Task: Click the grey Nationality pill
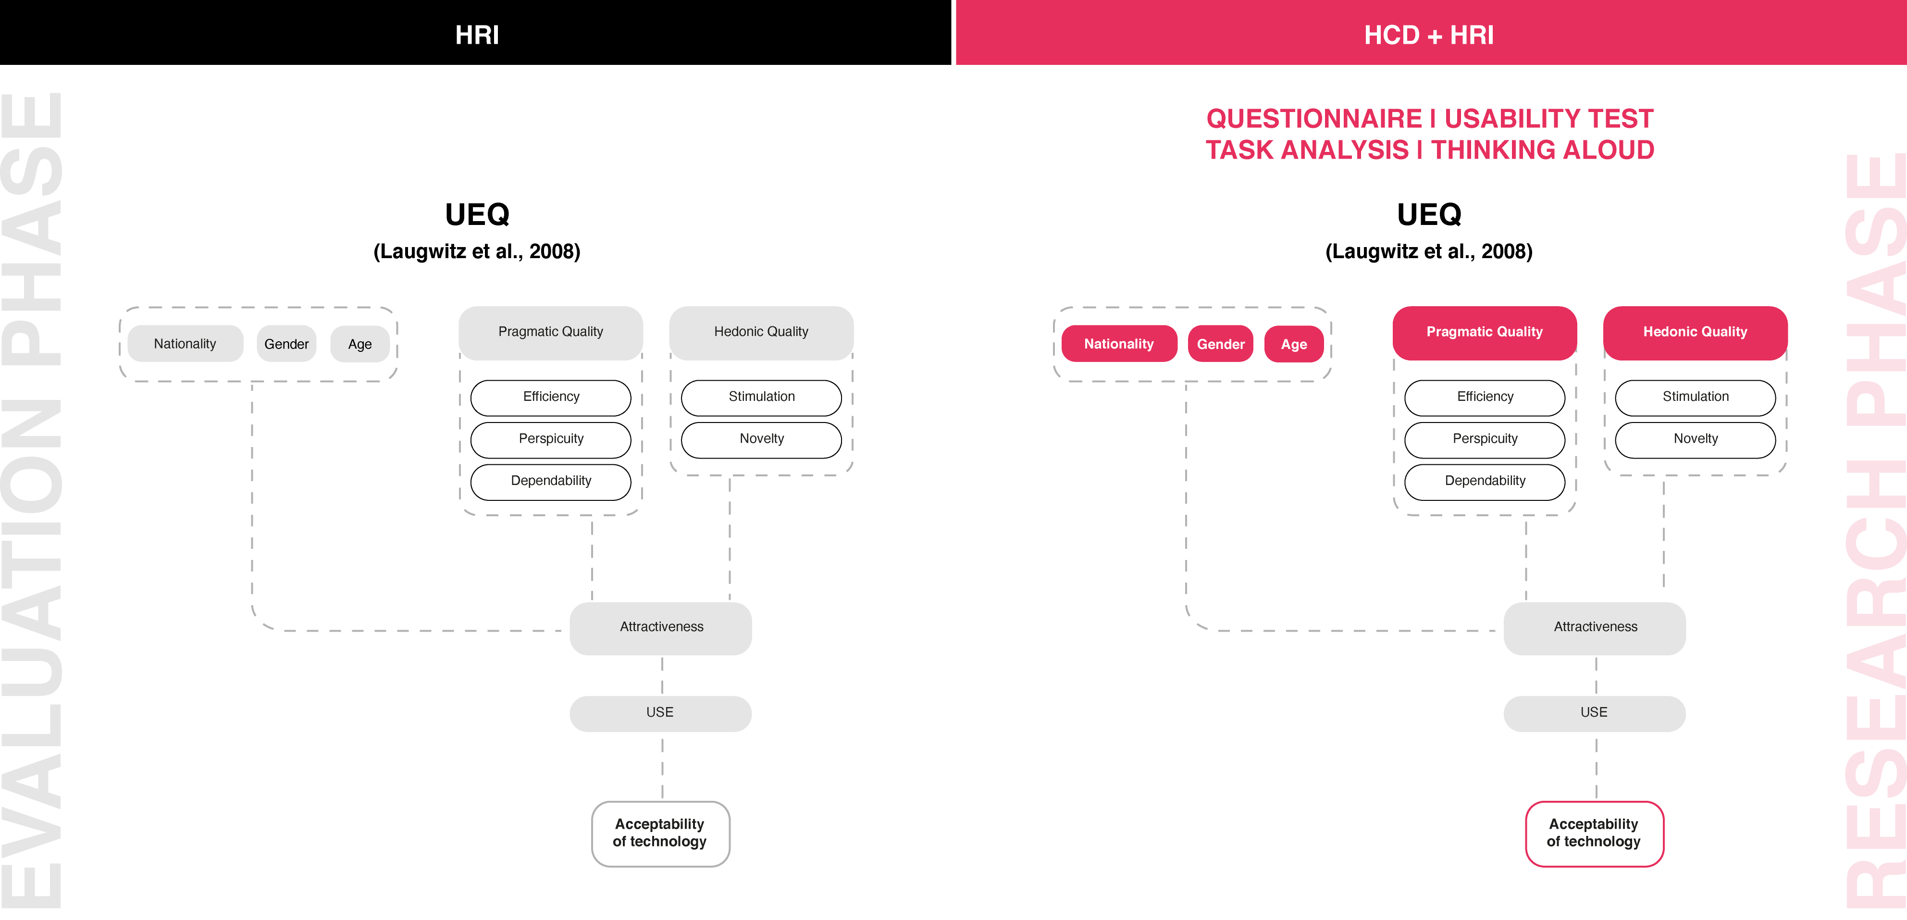[185, 343]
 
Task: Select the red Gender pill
[1220, 343]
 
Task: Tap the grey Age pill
[360, 343]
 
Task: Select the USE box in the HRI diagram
[660, 713]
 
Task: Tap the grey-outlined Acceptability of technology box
[660, 833]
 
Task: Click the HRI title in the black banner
[477, 35]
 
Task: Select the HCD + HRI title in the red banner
[1429, 35]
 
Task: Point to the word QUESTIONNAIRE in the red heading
[1314, 118]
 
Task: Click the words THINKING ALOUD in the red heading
[1542, 150]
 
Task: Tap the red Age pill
[1294, 343]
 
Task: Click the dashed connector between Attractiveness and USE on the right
[1596, 675]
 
